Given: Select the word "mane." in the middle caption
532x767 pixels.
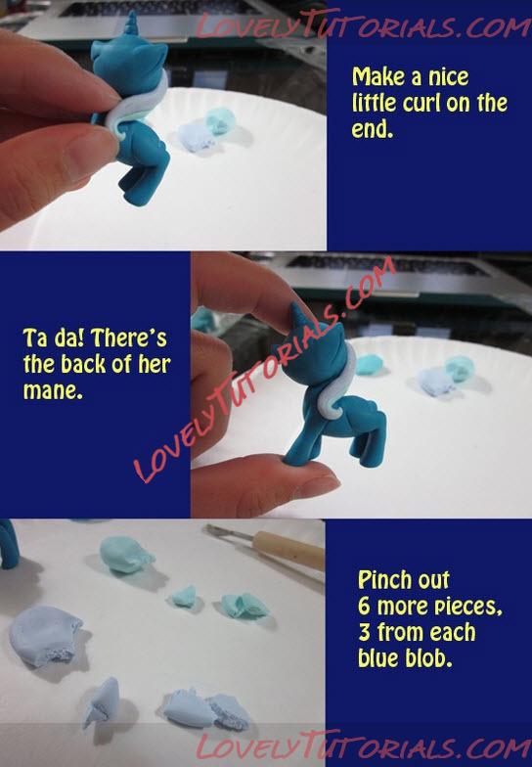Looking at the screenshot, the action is (x=53, y=391).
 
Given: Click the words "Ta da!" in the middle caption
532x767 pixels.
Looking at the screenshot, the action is (x=55, y=338).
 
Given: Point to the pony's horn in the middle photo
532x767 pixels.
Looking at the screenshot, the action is (x=297, y=315).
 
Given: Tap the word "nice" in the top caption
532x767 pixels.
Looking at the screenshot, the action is (x=448, y=77).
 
